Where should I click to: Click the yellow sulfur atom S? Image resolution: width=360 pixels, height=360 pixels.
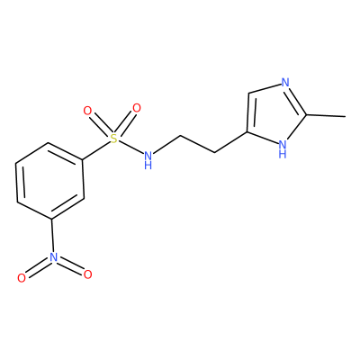click(113, 139)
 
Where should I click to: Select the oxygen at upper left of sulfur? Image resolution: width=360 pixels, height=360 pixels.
click(87, 111)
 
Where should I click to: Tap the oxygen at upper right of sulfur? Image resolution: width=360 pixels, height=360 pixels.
click(137, 108)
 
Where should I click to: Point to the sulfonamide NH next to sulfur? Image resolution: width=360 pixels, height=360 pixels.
click(148, 159)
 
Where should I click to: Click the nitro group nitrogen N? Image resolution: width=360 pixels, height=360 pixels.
click(53, 256)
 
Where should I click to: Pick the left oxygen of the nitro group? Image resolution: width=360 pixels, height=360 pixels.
click(22, 278)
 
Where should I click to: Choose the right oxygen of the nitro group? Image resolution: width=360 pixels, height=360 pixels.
click(87, 274)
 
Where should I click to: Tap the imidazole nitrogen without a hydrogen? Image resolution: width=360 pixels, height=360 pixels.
click(285, 82)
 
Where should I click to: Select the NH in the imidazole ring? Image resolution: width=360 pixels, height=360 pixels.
click(283, 149)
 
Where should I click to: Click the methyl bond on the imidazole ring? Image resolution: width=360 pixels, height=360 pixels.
click(326, 115)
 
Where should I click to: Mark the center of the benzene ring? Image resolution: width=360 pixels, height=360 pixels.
click(49, 181)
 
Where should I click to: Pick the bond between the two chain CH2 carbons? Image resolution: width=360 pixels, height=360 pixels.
click(197, 145)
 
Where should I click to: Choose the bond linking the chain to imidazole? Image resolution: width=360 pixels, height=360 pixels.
click(230, 142)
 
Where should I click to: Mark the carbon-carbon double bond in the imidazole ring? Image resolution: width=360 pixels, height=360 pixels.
click(249, 112)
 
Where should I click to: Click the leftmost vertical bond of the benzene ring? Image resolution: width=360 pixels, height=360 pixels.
click(17, 183)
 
